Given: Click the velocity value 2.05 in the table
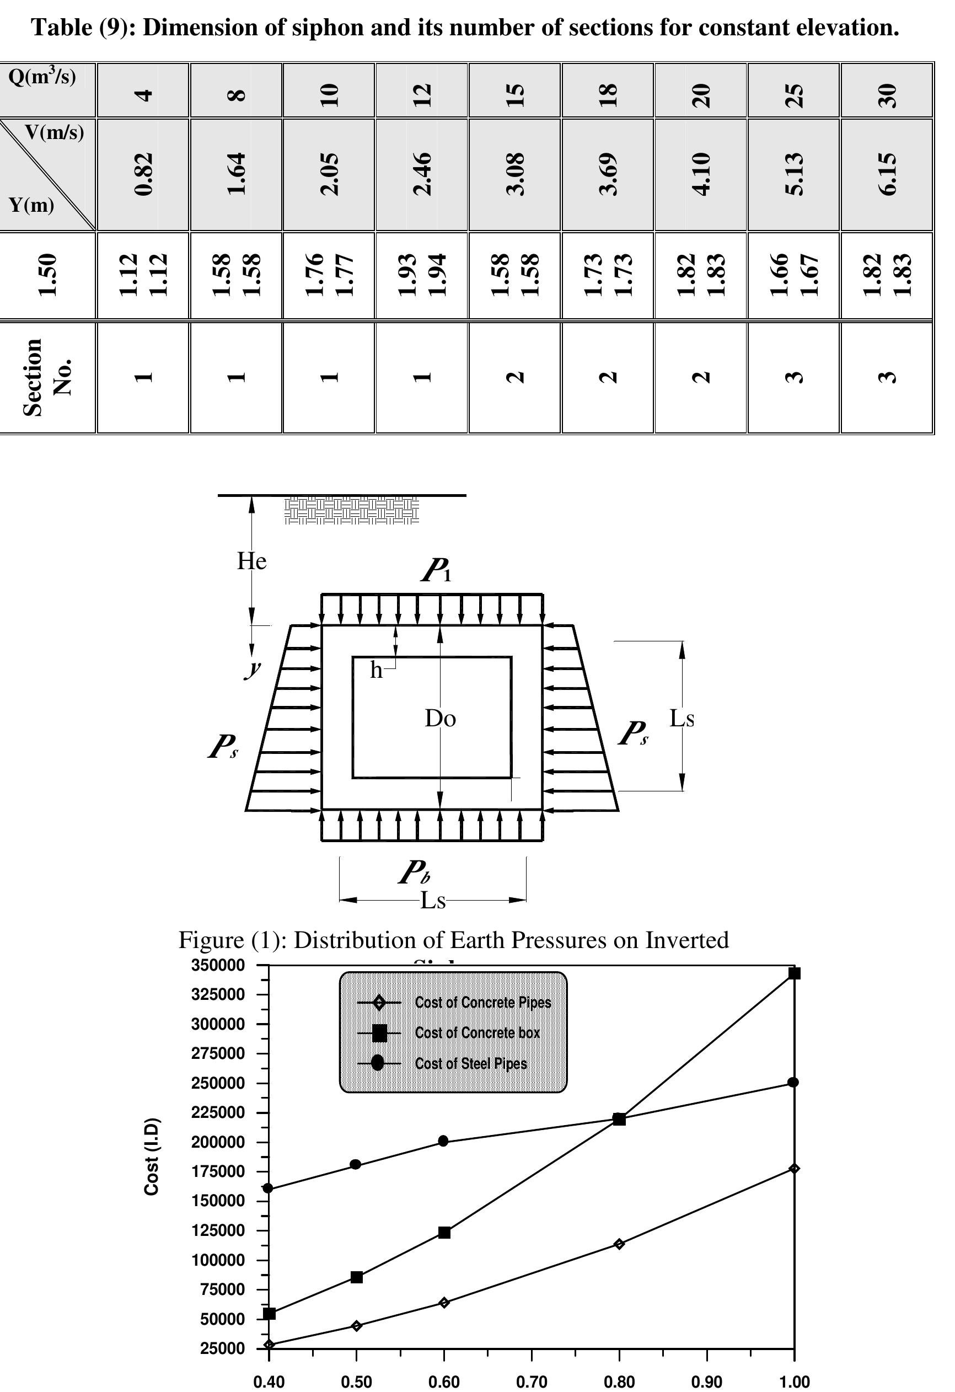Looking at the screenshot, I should [329, 174].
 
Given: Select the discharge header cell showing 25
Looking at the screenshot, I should [793, 95].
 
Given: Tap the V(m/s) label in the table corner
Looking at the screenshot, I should [55, 132].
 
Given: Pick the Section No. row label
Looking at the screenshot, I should [47, 377].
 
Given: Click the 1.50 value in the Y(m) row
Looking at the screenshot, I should [47, 275].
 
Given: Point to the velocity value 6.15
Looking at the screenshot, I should [887, 174].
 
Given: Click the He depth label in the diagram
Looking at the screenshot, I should [251, 561].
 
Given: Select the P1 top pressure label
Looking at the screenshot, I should [436, 570].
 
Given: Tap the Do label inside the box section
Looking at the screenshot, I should [440, 718].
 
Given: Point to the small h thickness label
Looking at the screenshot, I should [376, 670].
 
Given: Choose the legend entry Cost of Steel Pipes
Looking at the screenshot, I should [471, 1063].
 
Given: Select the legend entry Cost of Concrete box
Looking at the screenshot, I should [477, 1032].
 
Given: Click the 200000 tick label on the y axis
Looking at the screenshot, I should [218, 1142].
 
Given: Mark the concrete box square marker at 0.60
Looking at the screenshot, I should [444, 1232].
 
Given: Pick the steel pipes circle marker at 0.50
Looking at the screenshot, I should [356, 1164].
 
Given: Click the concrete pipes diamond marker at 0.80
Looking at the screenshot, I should [619, 1244].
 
